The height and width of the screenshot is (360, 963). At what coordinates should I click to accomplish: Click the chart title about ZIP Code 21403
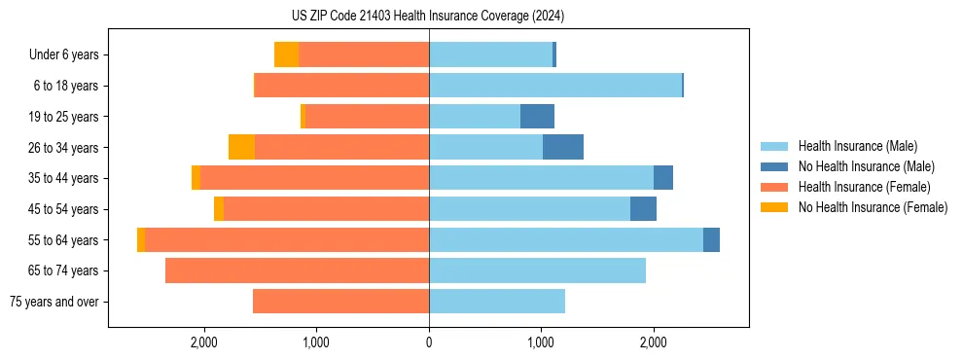point(428,17)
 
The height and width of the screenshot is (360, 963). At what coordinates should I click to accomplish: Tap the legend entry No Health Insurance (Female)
point(873,207)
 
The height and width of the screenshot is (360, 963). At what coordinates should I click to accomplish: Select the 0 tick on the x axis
point(429,342)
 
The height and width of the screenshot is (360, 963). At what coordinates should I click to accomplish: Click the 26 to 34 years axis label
point(64,148)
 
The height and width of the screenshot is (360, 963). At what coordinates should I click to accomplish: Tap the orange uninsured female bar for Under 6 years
point(286,55)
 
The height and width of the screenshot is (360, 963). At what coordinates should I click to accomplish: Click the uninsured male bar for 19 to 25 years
point(537,117)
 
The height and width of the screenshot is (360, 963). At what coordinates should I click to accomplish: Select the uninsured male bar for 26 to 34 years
point(563,148)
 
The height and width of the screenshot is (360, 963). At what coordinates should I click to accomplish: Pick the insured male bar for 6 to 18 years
point(555,86)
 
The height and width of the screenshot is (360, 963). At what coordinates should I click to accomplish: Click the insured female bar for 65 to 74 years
point(297,270)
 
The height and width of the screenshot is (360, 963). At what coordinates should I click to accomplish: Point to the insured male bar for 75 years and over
point(497,302)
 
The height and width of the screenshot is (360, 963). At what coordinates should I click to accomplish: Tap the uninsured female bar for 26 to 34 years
point(241,148)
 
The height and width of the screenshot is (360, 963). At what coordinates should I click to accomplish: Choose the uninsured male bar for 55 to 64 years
point(711,240)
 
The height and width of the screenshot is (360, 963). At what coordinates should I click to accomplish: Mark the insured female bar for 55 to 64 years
point(287,240)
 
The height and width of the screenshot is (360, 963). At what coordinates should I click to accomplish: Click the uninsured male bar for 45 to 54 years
point(643,209)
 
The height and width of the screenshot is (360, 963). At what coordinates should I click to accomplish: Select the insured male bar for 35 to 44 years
point(541,178)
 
